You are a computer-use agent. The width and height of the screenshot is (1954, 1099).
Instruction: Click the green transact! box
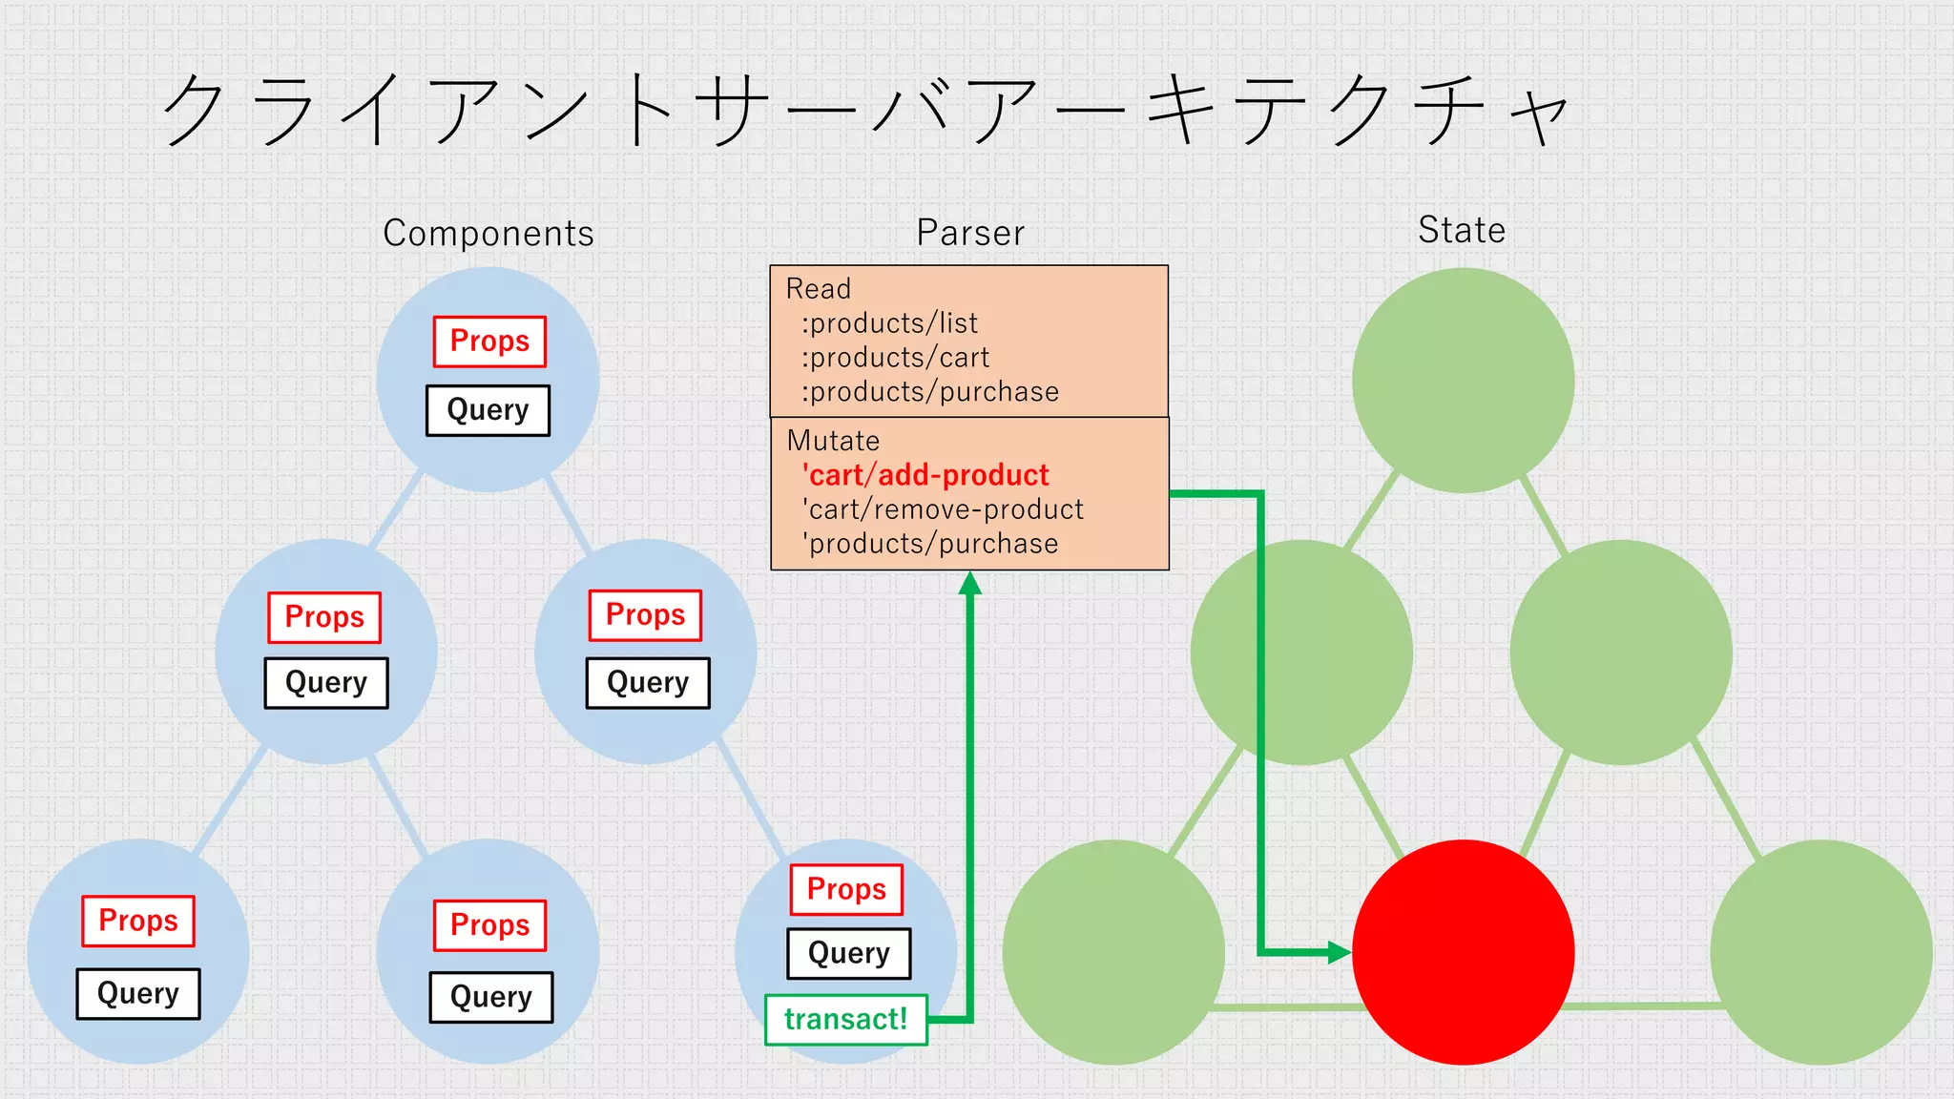[846, 1020]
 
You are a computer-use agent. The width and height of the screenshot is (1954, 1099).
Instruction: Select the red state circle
[1463, 951]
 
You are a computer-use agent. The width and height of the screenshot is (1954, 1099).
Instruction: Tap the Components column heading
[488, 233]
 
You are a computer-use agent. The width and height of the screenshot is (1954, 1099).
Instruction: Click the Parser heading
[970, 233]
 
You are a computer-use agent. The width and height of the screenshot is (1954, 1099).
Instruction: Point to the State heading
[1461, 230]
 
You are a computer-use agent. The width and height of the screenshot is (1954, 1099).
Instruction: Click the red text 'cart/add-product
[925, 475]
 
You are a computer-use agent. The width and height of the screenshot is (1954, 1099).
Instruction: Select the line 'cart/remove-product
[942, 509]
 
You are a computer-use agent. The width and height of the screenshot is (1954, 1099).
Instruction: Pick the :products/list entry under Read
[889, 323]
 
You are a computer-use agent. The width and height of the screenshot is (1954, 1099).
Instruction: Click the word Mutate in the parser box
[833, 441]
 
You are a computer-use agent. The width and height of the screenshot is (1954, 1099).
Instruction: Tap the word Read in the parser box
[818, 289]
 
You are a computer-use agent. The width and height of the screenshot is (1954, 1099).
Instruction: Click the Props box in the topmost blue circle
[489, 342]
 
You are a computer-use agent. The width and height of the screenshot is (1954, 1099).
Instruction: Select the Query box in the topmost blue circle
[488, 410]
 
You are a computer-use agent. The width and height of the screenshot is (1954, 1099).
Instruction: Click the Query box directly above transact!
[848, 953]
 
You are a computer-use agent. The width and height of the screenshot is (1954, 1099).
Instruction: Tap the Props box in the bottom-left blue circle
[138, 921]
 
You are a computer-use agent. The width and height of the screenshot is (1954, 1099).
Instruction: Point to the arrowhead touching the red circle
[1340, 951]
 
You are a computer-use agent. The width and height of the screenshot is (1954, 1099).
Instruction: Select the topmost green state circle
[1463, 380]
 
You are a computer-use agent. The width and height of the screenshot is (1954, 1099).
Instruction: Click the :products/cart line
[895, 358]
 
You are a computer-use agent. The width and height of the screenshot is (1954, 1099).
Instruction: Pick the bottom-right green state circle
[1820, 951]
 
